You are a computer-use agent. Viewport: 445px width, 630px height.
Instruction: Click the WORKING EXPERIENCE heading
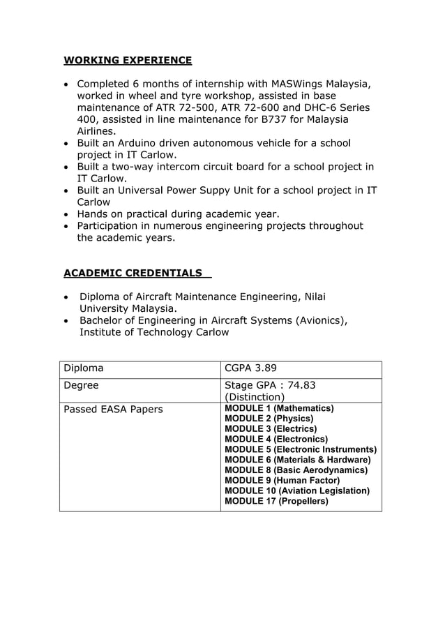coord(128,60)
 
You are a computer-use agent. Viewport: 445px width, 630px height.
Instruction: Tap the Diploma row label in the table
coord(84,368)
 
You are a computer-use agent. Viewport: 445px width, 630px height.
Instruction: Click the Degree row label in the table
coord(81,385)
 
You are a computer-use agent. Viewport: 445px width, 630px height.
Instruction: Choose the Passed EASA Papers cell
coord(113,409)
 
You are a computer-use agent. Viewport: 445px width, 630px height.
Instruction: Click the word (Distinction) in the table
coord(255,398)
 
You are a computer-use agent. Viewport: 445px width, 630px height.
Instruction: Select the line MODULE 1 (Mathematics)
coord(279,408)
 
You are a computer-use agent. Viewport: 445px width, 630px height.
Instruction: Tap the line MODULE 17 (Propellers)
coord(276,501)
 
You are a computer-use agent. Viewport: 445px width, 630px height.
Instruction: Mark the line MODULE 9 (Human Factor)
coord(282,480)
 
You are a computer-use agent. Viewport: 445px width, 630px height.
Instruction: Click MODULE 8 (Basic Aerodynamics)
coord(296,470)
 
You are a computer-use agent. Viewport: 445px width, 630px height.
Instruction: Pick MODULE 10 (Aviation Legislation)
coord(297,490)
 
